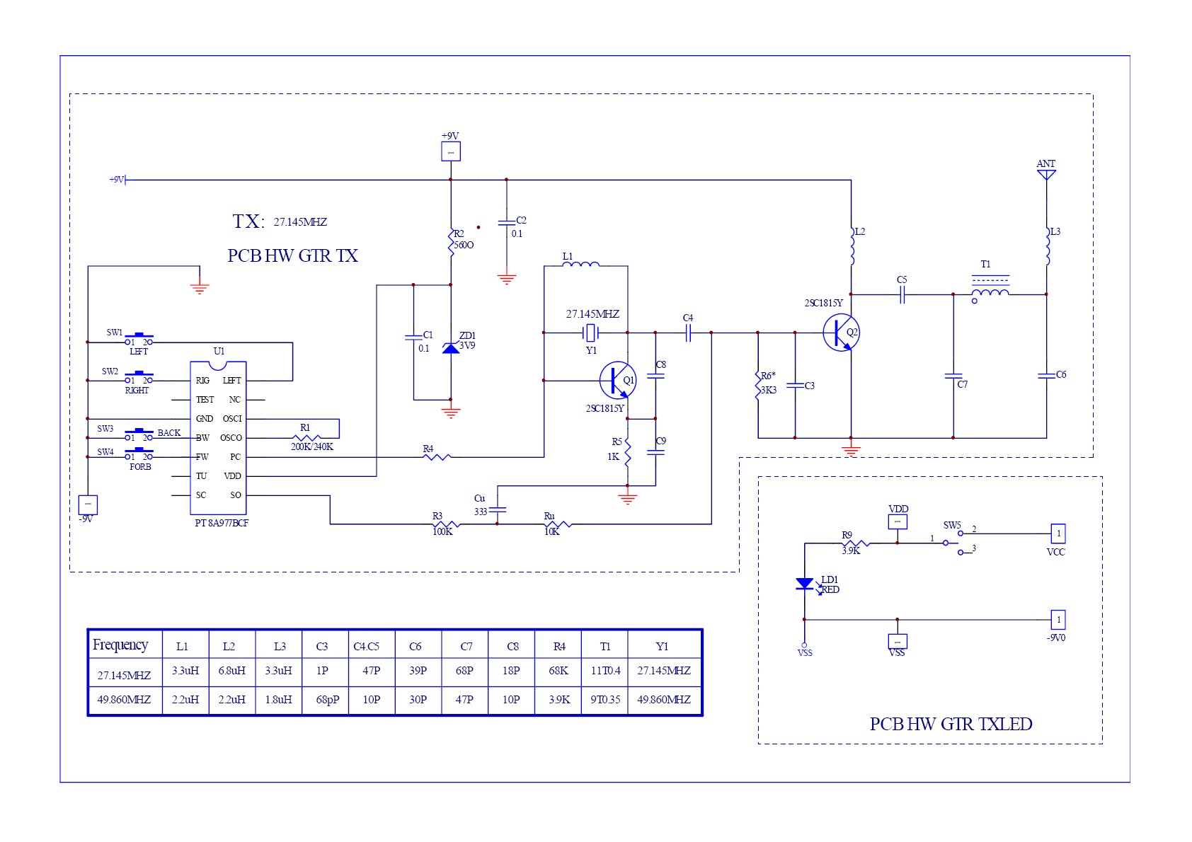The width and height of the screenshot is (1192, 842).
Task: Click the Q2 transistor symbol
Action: pos(842,333)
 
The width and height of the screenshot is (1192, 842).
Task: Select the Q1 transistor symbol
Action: pos(617,381)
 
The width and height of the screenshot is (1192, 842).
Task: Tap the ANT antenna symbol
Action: pos(1046,174)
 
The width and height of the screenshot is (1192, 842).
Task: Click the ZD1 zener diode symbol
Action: pos(451,348)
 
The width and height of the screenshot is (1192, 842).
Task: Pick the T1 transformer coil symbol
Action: pos(990,293)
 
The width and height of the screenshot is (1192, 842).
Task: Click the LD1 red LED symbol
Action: pos(805,584)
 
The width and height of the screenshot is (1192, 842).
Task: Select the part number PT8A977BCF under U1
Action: pos(222,523)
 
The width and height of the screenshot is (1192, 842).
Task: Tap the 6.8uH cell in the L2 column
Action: pos(231,671)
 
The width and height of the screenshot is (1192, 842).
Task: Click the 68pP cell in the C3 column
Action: pos(327,700)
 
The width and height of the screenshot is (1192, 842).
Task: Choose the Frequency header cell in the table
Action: pos(120,645)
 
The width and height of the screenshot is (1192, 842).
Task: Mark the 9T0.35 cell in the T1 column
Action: pos(605,700)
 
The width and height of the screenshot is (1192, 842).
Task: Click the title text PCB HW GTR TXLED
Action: pos(951,725)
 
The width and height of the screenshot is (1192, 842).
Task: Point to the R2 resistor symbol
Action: pos(451,243)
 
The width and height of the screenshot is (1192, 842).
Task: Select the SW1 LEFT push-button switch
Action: pos(139,339)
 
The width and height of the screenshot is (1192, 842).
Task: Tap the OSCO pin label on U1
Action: pos(231,438)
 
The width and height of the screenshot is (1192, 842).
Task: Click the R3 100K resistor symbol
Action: pos(446,524)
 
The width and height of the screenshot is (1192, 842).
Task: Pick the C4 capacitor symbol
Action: pos(687,333)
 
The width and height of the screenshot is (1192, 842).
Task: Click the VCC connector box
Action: pos(1058,534)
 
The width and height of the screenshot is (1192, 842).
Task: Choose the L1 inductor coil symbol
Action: pos(580,265)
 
